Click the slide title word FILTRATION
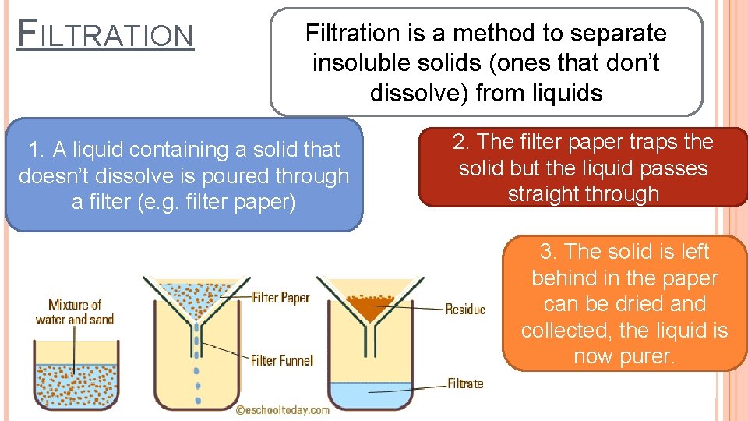[105, 35]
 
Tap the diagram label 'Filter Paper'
[280, 297]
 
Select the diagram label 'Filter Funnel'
[281, 360]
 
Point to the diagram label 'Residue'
[465, 310]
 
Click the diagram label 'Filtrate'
[465, 384]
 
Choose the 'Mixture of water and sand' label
[75, 311]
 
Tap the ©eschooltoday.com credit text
[283, 409]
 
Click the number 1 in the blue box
[34, 150]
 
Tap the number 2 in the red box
[459, 142]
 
